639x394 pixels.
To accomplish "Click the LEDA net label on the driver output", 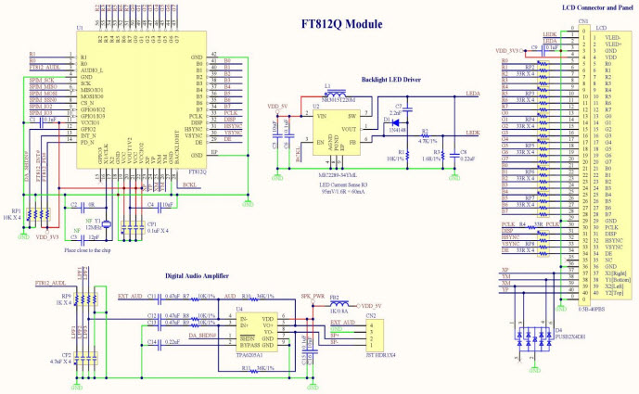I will click(x=472, y=94).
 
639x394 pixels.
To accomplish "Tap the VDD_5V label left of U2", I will click(x=277, y=107).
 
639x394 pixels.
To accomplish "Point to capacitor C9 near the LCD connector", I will click(x=536, y=48).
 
